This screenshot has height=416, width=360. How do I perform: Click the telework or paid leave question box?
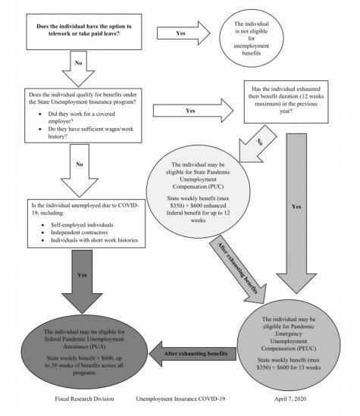click(84, 32)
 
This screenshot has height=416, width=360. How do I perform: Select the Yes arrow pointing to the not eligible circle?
click(183, 33)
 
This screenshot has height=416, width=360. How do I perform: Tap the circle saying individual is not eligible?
click(251, 38)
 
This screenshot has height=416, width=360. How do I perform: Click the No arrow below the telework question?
click(79, 68)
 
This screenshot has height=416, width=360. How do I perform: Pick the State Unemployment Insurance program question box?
click(83, 116)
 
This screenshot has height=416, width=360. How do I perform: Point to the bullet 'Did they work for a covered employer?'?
click(81, 117)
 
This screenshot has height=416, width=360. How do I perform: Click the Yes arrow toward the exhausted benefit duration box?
click(193, 111)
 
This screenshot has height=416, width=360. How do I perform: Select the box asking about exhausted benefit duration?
click(286, 102)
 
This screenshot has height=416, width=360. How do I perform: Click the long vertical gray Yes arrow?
click(296, 212)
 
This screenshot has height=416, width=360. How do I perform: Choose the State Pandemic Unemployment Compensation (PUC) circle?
click(198, 191)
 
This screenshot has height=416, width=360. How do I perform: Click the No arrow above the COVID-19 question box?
click(80, 170)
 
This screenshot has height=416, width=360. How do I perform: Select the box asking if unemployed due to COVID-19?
click(86, 224)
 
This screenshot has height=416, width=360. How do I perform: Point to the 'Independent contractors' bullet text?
click(80, 233)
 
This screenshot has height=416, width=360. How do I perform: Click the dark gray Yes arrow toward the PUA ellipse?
click(82, 282)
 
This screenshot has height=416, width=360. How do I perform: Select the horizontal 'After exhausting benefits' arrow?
click(193, 354)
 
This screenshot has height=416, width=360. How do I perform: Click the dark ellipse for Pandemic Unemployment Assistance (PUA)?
click(84, 352)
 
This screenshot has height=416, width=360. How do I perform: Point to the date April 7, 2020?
click(290, 399)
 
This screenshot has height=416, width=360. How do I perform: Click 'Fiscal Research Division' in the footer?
click(84, 399)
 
